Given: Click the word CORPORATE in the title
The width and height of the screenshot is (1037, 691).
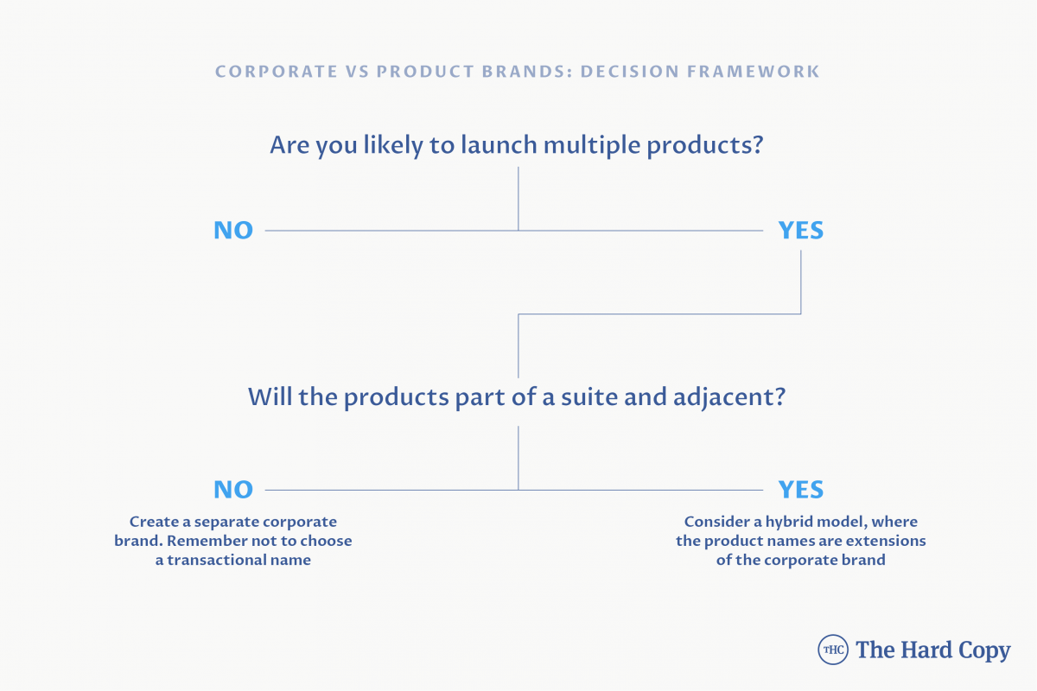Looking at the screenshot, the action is (x=277, y=72).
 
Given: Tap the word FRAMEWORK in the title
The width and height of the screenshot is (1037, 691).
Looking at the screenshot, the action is (x=754, y=72).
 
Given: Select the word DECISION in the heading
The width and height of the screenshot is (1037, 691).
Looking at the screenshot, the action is (x=629, y=72).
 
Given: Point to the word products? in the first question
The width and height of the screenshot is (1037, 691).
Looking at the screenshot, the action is (x=704, y=146).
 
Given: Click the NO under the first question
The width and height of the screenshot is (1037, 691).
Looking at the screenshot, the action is (x=233, y=230).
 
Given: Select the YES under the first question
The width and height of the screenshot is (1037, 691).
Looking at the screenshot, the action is (x=801, y=230).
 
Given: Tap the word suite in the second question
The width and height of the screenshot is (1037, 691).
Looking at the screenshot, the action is (x=589, y=396).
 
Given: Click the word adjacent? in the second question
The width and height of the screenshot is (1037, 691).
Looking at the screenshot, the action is (x=729, y=398).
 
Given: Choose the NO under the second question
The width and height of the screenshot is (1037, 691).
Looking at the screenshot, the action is (x=233, y=489).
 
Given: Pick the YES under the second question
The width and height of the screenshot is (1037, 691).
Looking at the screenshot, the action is (x=801, y=489).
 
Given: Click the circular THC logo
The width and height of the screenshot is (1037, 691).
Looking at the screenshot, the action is (x=833, y=650).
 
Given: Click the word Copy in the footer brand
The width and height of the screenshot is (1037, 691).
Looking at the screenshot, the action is (x=984, y=651).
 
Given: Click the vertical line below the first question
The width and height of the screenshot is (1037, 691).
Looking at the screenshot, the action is (x=518, y=199).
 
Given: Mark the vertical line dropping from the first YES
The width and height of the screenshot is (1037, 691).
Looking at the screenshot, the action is (x=801, y=282).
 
